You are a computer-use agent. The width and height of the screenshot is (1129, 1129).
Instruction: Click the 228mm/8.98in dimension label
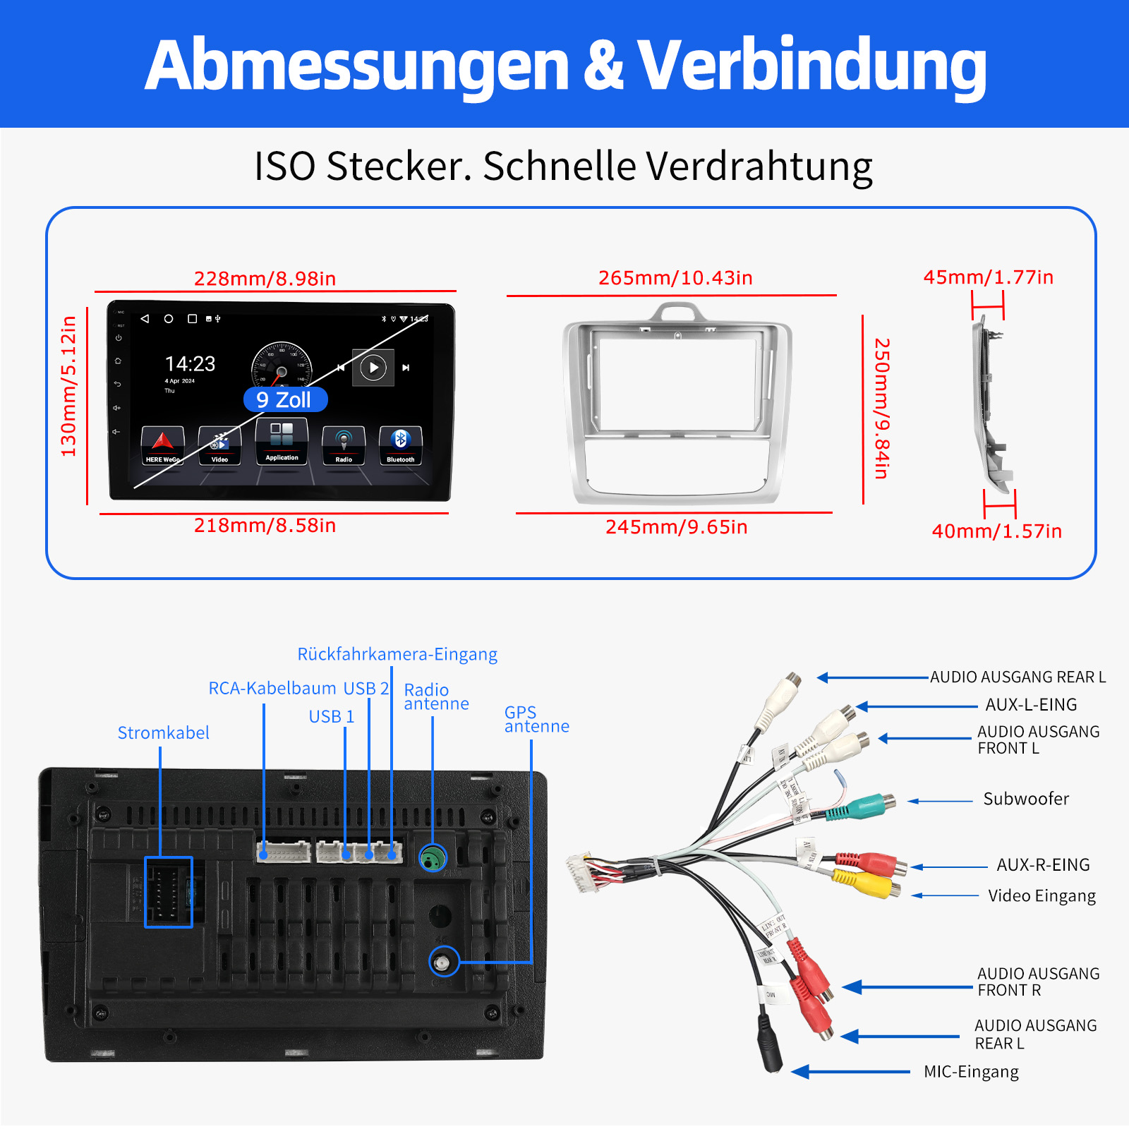pyautogui.click(x=265, y=279)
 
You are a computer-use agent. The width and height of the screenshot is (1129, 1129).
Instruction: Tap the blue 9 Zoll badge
pyautogui.click(x=285, y=400)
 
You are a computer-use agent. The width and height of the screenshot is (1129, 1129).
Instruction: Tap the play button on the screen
pyautogui.click(x=373, y=368)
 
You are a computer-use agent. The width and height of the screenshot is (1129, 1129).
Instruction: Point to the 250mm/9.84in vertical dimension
pyautogui.click(x=881, y=409)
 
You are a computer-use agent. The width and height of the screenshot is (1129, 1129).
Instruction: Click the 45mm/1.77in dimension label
pyautogui.click(x=988, y=277)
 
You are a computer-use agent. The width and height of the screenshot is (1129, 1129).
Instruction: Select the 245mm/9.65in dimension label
pyautogui.click(x=676, y=527)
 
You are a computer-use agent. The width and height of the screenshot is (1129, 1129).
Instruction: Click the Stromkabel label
pyautogui.click(x=163, y=733)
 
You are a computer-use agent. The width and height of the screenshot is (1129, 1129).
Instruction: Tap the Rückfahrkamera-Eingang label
pyautogui.click(x=397, y=654)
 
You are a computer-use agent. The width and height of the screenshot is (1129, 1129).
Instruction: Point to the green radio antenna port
pyautogui.click(x=433, y=858)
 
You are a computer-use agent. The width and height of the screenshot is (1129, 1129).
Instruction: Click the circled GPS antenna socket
pyautogui.click(x=443, y=962)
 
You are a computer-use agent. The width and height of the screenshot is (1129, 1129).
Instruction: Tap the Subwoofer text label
pyautogui.click(x=1026, y=799)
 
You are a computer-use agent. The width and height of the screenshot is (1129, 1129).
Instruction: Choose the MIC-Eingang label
pyautogui.click(x=971, y=1072)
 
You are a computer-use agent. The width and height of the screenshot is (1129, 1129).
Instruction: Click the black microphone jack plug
pyautogui.click(x=770, y=1044)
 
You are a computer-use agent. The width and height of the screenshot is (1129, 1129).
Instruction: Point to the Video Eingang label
pyautogui.click(x=1042, y=896)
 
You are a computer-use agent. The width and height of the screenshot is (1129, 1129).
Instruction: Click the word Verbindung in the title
pyautogui.click(x=811, y=65)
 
